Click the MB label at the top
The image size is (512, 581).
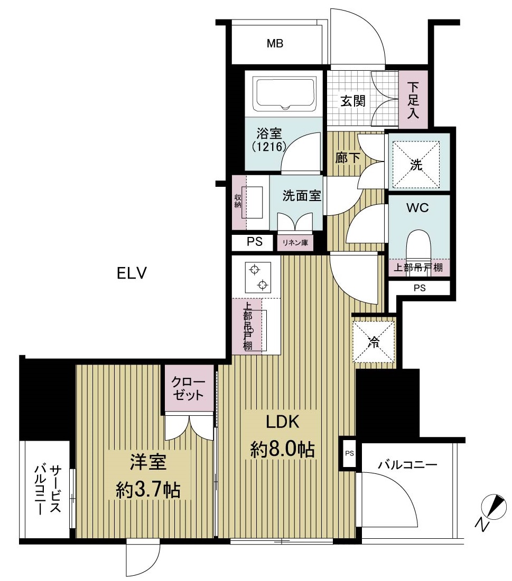coord(275,44)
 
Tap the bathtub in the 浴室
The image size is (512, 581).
coord(285,93)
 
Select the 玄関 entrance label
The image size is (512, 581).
coord(353,101)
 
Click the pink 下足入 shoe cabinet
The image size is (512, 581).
coord(413,100)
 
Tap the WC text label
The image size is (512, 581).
coord(417,208)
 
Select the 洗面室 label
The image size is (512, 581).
coord(302,196)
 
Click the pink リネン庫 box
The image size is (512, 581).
coord(295,243)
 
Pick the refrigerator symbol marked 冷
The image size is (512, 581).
coord(373,342)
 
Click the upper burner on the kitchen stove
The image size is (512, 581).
coord(255,270)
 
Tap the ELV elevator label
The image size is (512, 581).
coord(132,273)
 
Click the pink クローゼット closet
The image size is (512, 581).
coord(189,388)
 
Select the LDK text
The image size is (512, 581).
coord(282,422)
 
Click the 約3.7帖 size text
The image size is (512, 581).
coord(147,490)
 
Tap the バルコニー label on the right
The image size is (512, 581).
coord(407,465)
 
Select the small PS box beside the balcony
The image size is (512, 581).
coord(349,453)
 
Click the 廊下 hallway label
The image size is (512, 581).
coord(348,158)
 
